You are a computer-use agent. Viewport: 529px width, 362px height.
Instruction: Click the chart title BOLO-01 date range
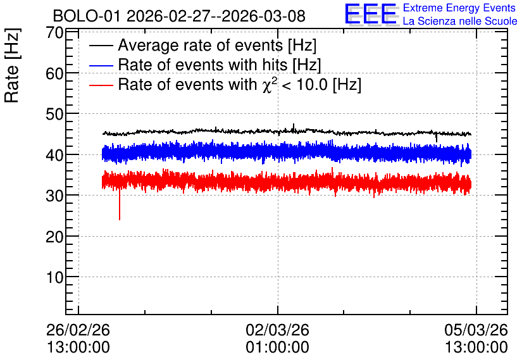tap(179, 16)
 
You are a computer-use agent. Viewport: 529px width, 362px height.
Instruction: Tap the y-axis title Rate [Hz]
tap(12, 65)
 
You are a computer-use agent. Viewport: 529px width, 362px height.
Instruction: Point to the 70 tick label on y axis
tap(54, 33)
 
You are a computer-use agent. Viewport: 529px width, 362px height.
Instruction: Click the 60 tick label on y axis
tap(54, 73)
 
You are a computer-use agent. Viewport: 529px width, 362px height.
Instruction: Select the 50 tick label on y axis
tap(54, 114)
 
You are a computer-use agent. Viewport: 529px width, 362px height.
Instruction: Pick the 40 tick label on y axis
tap(54, 155)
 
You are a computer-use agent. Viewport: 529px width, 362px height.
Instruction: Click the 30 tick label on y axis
tap(54, 196)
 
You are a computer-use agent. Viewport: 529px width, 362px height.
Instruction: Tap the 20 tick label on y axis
tap(54, 237)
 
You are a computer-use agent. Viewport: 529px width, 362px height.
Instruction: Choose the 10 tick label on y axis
tap(54, 277)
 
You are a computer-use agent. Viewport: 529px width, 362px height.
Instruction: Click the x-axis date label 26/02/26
tap(78, 330)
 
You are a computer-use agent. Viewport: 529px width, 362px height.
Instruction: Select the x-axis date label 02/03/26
tap(277, 330)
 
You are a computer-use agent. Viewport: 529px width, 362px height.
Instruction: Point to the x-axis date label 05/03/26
tap(476, 330)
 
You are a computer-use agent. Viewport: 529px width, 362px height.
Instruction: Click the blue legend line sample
tap(101, 65)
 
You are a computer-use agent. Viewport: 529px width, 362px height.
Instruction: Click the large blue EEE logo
tap(371, 15)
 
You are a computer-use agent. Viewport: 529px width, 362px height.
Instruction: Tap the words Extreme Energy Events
tap(459, 8)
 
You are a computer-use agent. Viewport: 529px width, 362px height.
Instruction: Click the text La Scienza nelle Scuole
tap(460, 21)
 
